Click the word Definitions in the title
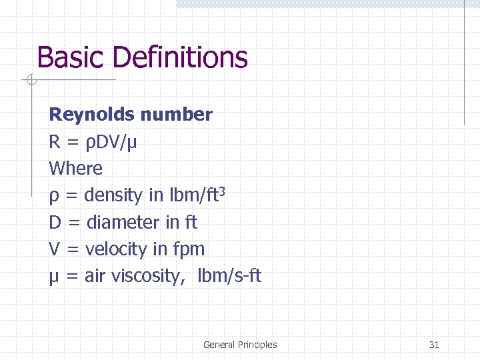(180, 58)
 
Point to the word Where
(76, 169)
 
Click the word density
(113, 196)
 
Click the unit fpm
(189, 249)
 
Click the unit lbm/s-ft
(229, 276)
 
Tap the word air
(95, 276)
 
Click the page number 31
(434, 345)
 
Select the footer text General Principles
(240, 345)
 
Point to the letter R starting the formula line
(55, 142)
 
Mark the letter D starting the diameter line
(55, 222)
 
